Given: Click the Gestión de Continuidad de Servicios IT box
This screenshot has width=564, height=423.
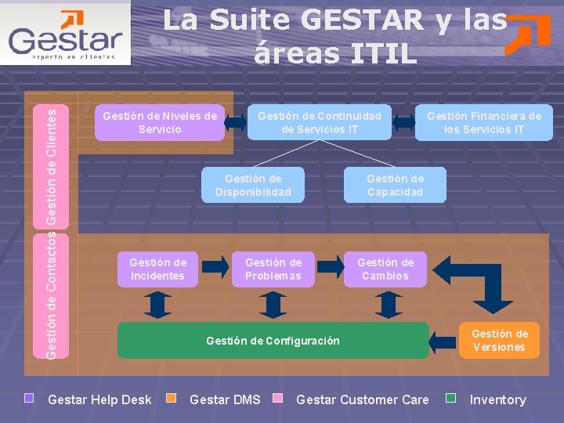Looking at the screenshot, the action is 320,122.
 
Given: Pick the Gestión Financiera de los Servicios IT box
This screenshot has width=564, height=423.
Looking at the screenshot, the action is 483,122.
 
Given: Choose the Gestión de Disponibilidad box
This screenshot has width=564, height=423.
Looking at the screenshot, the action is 253,186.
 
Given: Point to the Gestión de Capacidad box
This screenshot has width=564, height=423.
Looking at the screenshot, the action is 395,186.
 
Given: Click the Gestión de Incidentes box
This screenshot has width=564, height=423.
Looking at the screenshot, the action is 157,269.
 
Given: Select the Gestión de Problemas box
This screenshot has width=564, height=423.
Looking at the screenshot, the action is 273,269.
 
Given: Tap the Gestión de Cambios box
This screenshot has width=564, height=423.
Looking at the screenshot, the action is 385,269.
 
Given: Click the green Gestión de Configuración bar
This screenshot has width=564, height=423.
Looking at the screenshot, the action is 273,341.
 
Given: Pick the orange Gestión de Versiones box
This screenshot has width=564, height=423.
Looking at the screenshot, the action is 499,341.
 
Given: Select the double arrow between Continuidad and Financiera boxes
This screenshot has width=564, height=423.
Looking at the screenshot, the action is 403,122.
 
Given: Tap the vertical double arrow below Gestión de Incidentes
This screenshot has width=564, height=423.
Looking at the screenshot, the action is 157,304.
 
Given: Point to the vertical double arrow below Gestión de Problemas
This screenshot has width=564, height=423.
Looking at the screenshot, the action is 273,304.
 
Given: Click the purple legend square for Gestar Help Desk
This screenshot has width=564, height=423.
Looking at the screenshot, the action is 30,398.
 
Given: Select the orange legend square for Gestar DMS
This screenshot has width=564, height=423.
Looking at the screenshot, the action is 174,398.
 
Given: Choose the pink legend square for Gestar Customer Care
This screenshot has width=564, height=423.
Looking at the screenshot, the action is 277,398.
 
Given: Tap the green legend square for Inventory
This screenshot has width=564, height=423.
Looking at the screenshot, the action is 450,398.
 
